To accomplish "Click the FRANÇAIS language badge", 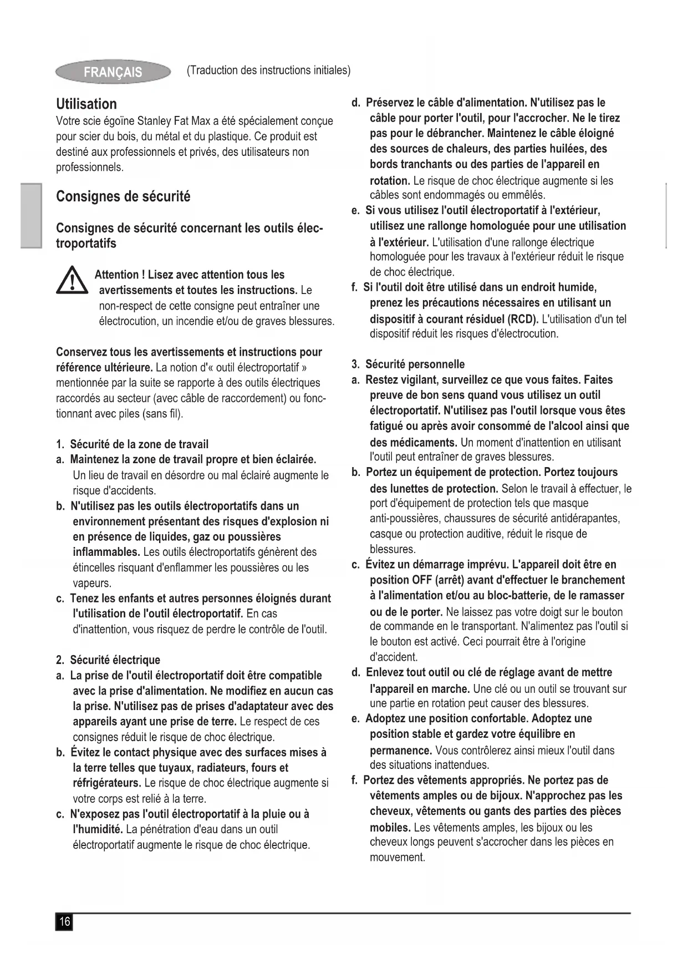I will click(x=113, y=72).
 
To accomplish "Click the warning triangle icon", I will click(x=72, y=281).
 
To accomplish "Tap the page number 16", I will click(x=64, y=922).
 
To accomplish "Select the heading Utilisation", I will click(x=86, y=104).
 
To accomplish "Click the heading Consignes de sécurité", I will click(x=123, y=197).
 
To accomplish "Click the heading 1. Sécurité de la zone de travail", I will click(x=132, y=444).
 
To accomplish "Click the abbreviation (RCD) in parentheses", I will click(x=523, y=319).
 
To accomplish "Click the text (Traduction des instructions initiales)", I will click(x=268, y=70).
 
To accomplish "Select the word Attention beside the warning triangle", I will click(x=116, y=275).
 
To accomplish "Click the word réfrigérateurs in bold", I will click(x=106, y=783).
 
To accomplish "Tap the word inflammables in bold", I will click(x=106, y=553).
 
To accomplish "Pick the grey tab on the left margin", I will click(x=31, y=215).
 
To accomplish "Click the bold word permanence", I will click(x=401, y=751).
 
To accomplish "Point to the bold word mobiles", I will click(x=390, y=828).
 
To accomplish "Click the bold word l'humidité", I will click(x=98, y=830).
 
